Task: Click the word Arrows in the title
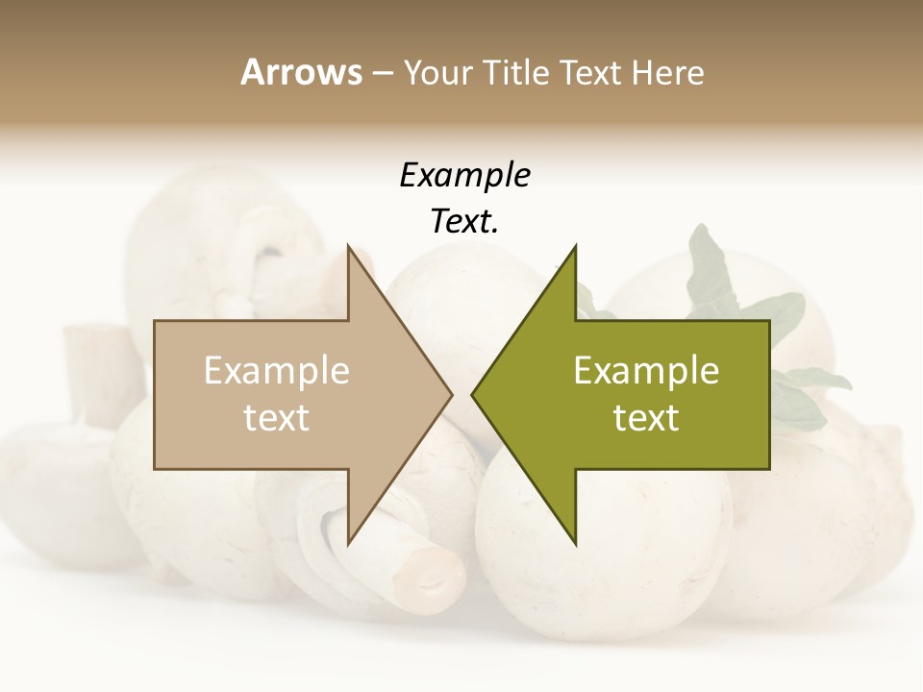point(301,72)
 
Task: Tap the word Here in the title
point(668,72)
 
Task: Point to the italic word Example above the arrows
point(464,175)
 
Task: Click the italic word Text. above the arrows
point(464,222)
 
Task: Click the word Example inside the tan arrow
point(277,370)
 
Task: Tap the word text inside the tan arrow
point(277,418)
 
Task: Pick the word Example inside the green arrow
point(646,370)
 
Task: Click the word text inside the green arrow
point(646,418)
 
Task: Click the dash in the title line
point(382,72)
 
